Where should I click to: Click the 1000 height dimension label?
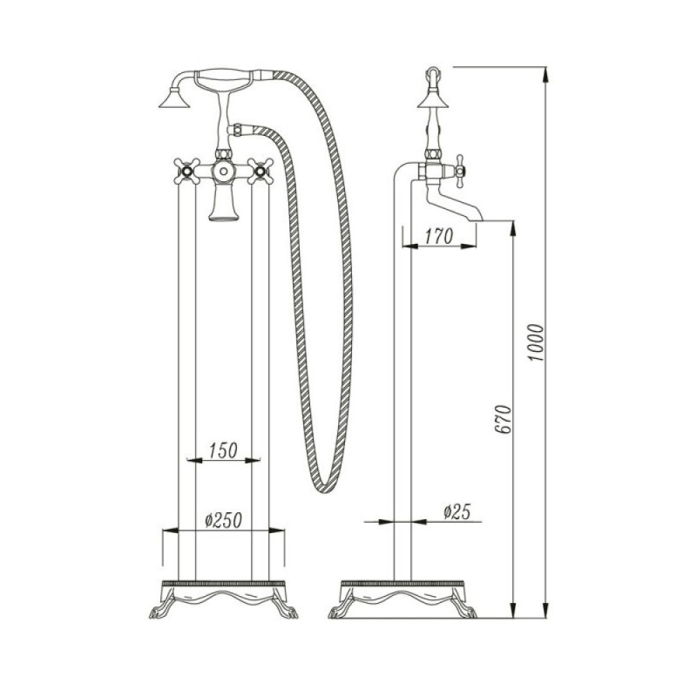(x=536, y=342)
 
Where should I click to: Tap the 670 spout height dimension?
(x=503, y=420)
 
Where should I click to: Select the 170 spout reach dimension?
(x=439, y=236)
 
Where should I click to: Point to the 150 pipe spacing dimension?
(x=223, y=450)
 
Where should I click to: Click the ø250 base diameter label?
(x=224, y=520)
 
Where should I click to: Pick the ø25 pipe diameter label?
(x=457, y=512)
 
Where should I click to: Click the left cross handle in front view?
(x=186, y=171)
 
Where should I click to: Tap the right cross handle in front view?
(x=261, y=171)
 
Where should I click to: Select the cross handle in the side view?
(x=459, y=171)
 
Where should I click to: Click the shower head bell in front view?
(x=174, y=98)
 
